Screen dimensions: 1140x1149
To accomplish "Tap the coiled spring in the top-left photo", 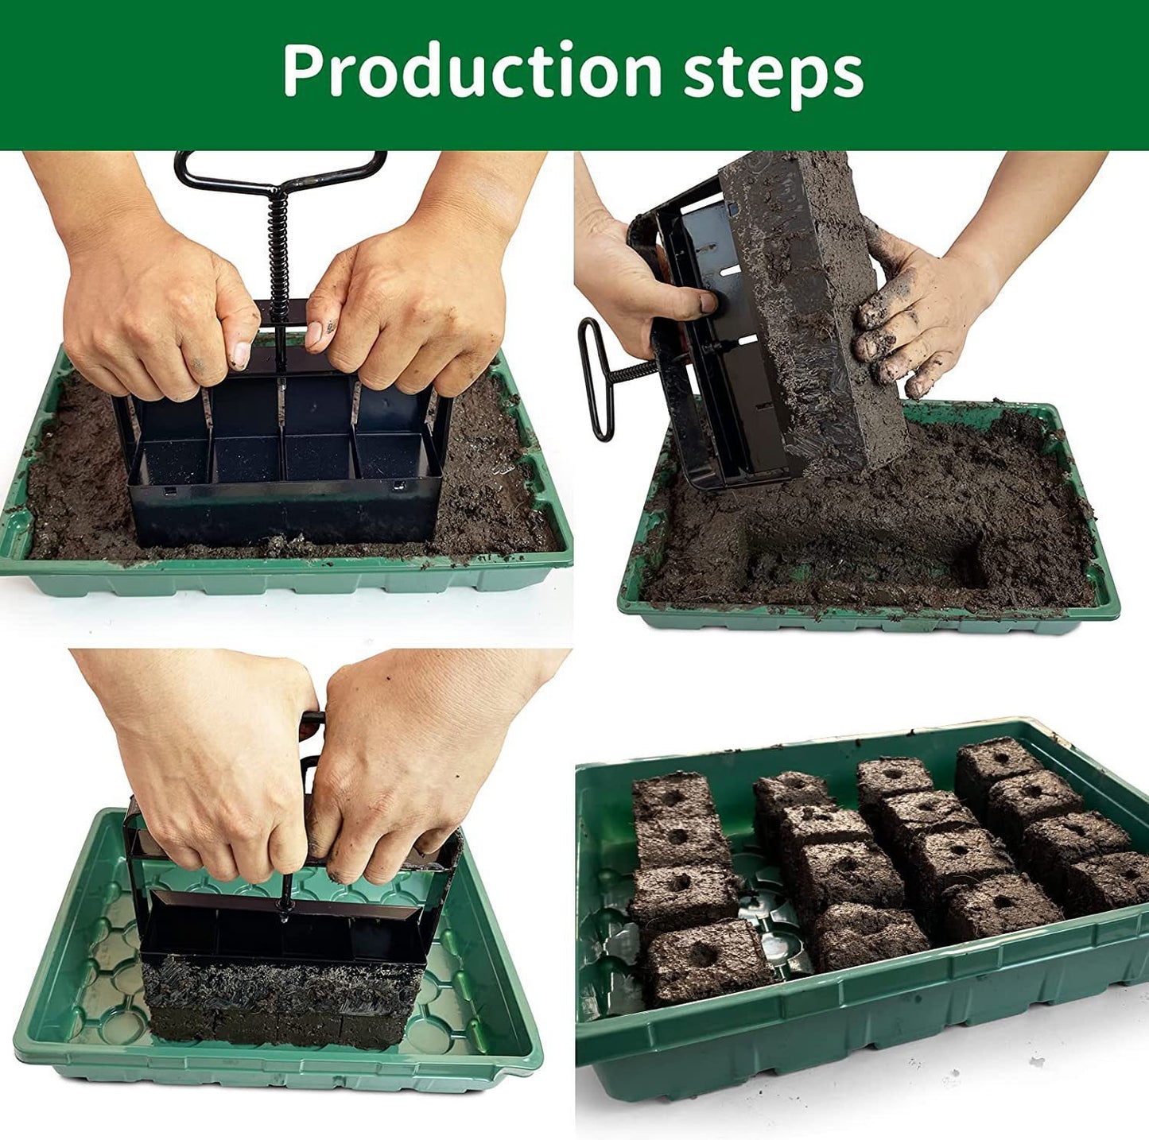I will click(278, 247).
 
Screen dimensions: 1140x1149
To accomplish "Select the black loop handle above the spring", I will click(280, 171).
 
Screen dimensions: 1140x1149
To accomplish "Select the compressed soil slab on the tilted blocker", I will click(811, 302).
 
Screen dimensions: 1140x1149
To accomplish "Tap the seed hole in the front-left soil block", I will click(702, 954).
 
